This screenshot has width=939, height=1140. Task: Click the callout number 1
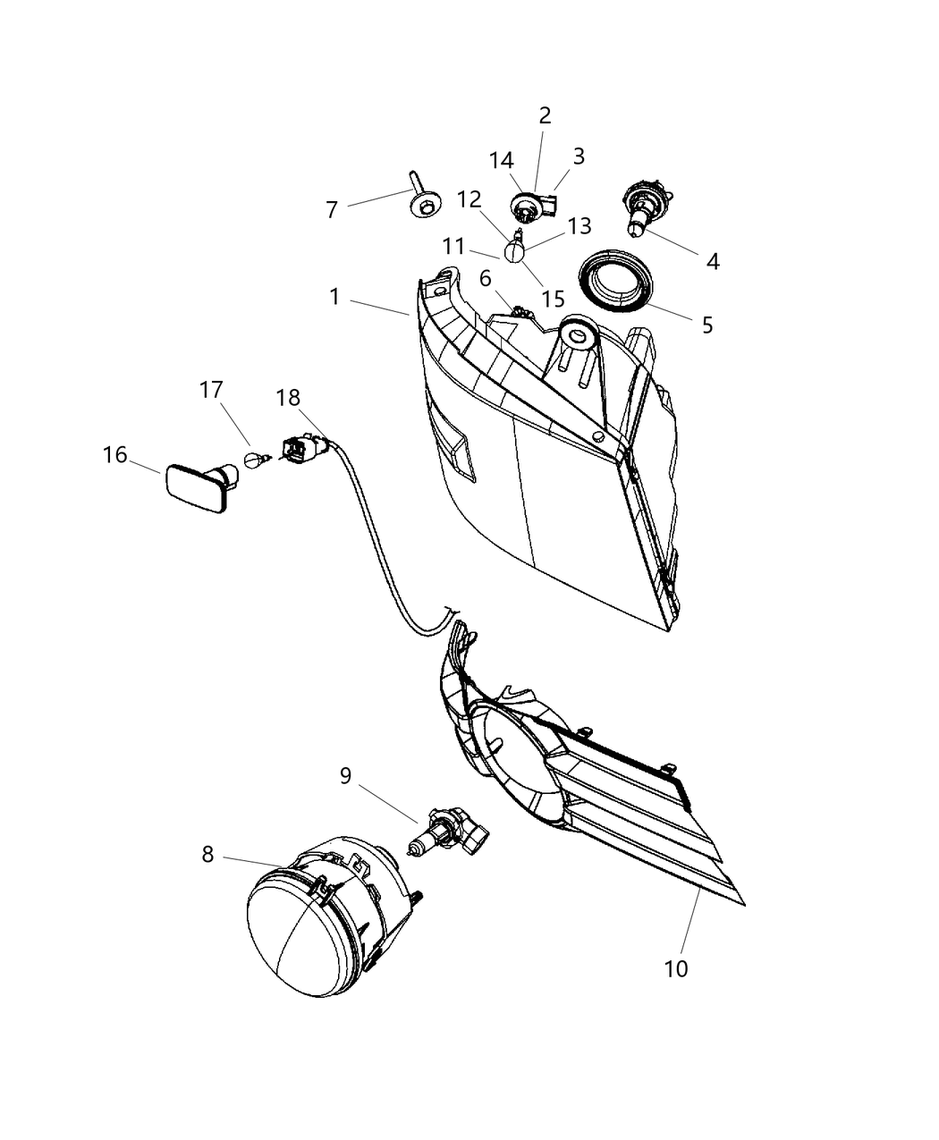coord(334,296)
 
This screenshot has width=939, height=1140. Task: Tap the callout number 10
coord(676,967)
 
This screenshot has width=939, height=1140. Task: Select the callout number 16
coord(115,455)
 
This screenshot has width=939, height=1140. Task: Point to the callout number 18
coord(288,398)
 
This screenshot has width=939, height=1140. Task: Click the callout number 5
coord(707,325)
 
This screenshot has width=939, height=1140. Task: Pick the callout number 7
coord(332,210)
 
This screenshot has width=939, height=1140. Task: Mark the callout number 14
coord(502,160)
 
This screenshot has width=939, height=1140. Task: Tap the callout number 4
coord(713,261)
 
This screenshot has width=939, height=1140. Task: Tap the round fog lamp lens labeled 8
coord(303,934)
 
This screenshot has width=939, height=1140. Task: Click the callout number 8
coord(207,854)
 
